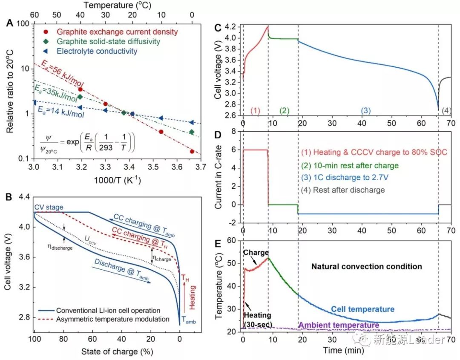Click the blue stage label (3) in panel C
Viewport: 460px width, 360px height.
coord(365,110)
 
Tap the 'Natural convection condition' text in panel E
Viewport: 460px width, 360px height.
coord(367,267)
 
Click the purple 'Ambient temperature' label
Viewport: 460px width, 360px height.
coord(339,325)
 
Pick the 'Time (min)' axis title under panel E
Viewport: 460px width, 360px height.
coord(341,350)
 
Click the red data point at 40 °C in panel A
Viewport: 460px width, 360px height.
coord(80,89)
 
